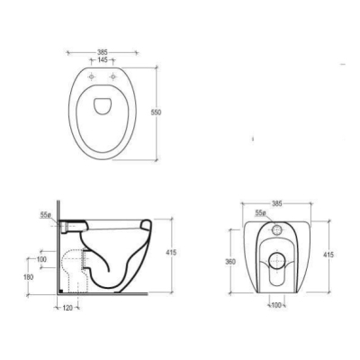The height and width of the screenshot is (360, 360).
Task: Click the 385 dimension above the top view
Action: pyautogui.click(x=103, y=52)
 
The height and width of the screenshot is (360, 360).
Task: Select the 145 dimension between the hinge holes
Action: pyautogui.click(x=103, y=60)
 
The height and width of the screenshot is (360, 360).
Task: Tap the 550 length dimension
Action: pyautogui.click(x=157, y=112)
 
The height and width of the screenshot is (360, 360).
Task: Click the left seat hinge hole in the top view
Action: pyautogui.click(x=92, y=77)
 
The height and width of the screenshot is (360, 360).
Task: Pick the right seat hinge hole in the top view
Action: pyautogui.click(x=112, y=77)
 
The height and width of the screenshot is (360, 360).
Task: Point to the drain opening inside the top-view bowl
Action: pyautogui.click(x=103, y=106)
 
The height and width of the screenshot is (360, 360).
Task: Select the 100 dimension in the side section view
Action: pyautogui.click(x=41, y=259)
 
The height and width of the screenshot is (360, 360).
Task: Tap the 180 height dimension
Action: pyautogui.click(x=29, y=277)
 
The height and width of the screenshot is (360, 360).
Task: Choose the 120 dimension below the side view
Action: pyautogui.click(x=67, y=308)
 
